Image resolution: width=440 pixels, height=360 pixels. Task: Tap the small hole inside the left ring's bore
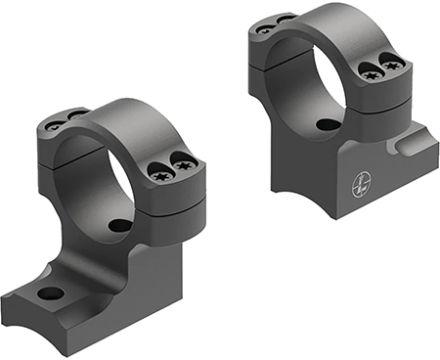point(118,226)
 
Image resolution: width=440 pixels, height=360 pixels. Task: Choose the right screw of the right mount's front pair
point(394,65)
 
